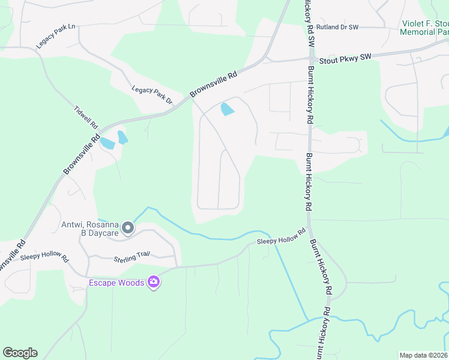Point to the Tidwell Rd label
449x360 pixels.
click(x=85, y=118)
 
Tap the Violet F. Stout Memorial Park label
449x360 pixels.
click(x=424, y=28)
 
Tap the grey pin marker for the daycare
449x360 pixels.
click(x=127, y=227)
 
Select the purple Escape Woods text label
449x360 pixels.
click(x=117, y=283)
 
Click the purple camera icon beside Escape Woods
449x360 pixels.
click(x=154, y=281)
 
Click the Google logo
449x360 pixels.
click(x=20, y=353)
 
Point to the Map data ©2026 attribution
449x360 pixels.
click(x=423, y=355)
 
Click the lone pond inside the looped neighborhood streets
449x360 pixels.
click(x=228, y=109)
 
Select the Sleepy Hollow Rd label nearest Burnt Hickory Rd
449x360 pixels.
click(x=281, y=238)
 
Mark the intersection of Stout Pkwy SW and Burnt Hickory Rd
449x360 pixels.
click(x=311, y=60)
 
